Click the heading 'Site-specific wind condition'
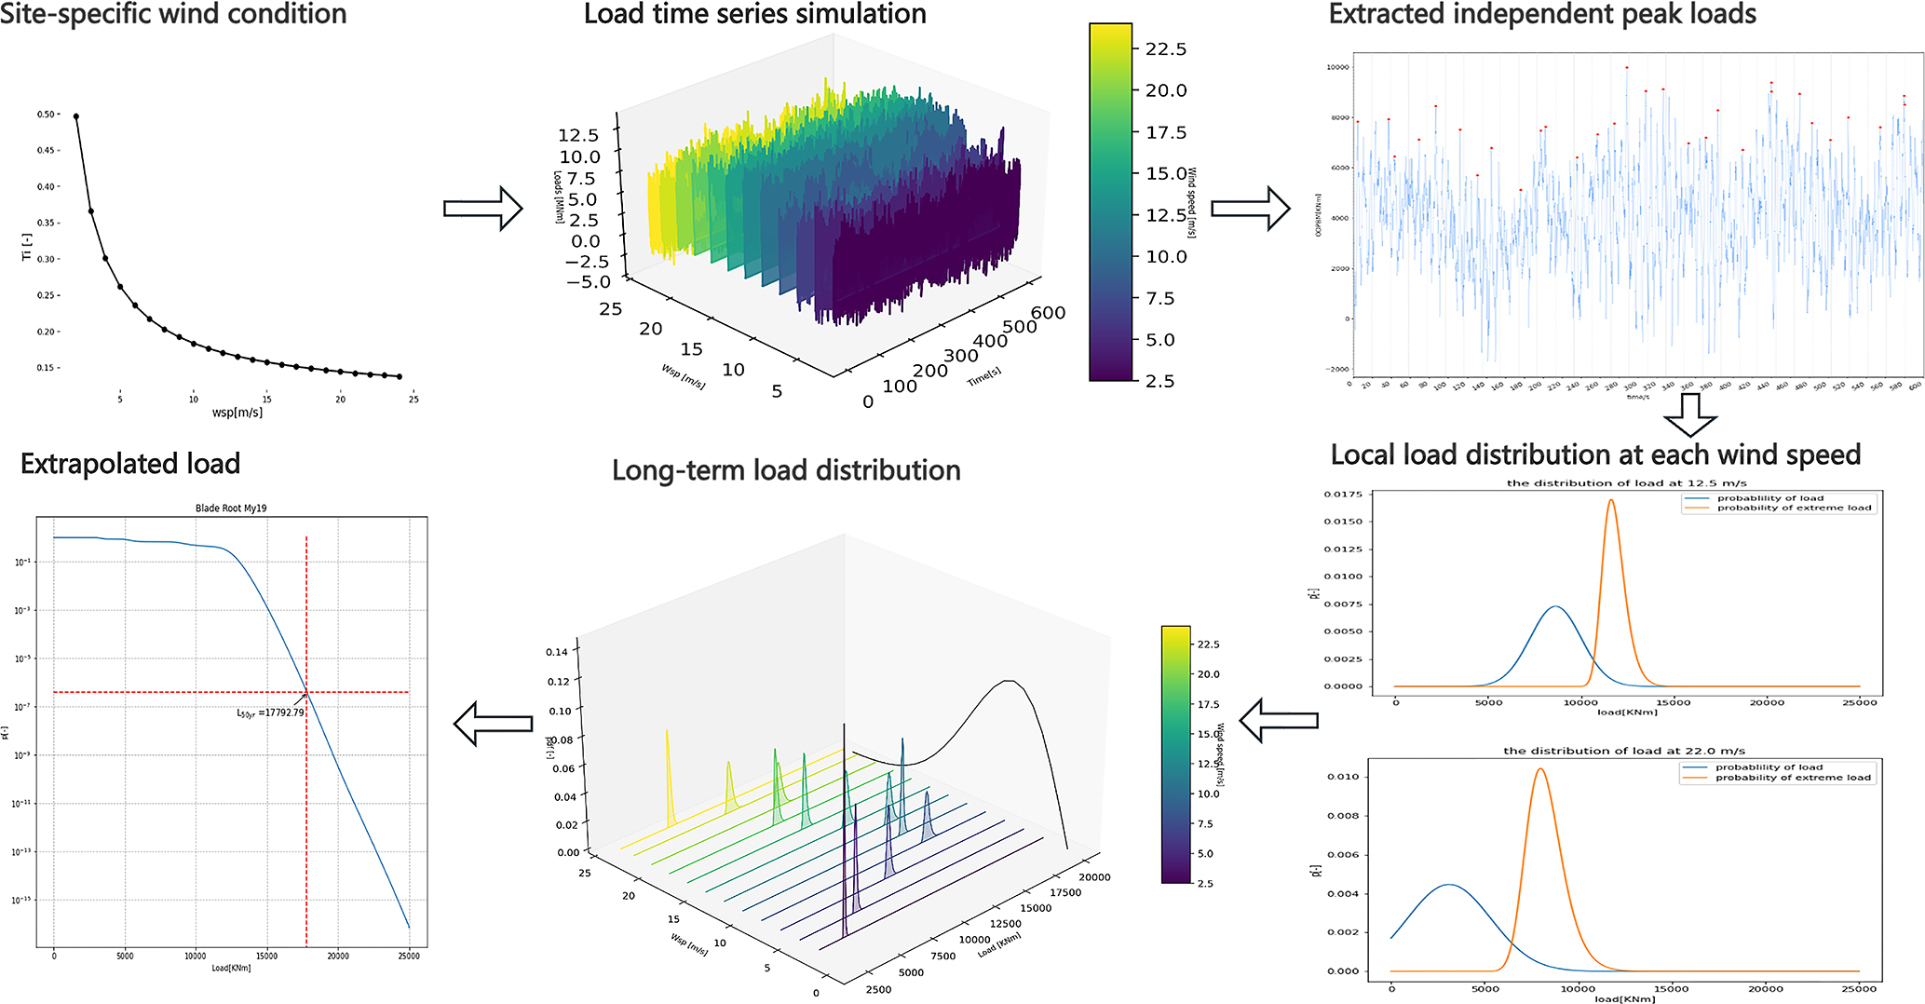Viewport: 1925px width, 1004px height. [173, 14]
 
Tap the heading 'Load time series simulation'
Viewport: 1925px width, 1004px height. [754, 14]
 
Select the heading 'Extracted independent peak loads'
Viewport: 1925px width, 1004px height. [1542, 14]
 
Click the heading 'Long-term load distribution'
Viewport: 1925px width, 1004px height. [786, 470]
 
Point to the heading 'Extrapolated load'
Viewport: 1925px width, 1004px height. [130, 464]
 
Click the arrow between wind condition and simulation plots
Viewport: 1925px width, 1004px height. [482, 209]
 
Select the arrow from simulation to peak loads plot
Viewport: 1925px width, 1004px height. [1250, 209]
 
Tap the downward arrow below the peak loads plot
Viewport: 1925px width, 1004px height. [1689, 414]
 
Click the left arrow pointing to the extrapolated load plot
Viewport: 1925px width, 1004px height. [493, 724]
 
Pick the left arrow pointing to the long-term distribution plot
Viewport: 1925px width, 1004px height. [1278, 720]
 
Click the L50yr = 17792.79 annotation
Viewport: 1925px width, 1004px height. [269, 712]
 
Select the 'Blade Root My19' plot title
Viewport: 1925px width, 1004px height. [231, 509]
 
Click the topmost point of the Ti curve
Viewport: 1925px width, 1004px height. [76, 116]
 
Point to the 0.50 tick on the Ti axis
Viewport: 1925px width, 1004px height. [47, 115]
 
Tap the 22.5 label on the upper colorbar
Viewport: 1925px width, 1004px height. [1166, 49]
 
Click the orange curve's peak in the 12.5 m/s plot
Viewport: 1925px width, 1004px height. [1611, 500]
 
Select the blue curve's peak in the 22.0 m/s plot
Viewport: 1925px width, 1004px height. [1449, 885]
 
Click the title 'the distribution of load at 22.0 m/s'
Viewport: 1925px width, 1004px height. [1623, 751]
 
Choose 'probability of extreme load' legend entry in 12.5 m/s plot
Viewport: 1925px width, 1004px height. [1794, 509]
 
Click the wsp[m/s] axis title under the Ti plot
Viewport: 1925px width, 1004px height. [237, 413]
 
